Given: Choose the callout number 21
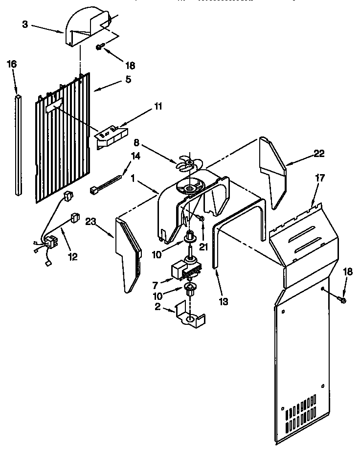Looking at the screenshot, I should tap(203, 247).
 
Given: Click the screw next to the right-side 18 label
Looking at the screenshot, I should tap(342, 299).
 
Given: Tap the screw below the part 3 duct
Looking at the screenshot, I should tap(100, 47).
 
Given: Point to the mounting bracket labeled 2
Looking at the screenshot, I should tap(191, 316).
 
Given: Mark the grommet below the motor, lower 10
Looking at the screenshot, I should tap(190, 289).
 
